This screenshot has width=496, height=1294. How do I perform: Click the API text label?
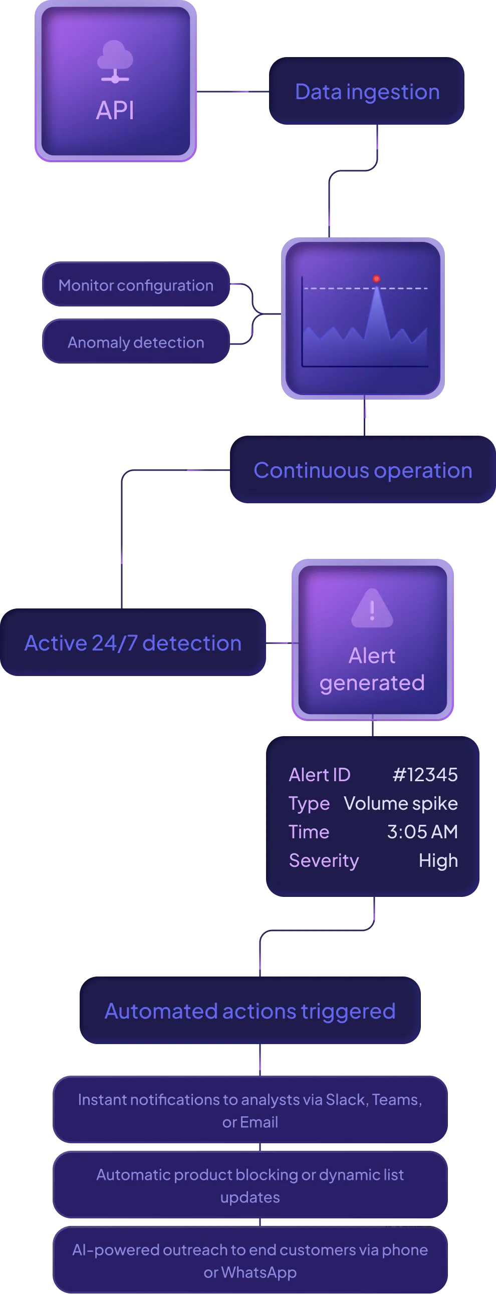(115, 111)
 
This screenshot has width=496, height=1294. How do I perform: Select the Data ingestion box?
(366, 92)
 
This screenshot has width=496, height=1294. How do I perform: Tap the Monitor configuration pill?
(136, 285)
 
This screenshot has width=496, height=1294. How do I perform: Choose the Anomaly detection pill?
(136, 343)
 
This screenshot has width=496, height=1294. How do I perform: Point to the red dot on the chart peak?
(376, 279)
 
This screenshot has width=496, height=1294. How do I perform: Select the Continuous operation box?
(362, 471)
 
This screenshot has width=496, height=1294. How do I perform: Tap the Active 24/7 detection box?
(133, 643)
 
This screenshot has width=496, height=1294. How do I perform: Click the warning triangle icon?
(372, 608)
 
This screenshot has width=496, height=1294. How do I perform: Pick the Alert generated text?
(372, 669)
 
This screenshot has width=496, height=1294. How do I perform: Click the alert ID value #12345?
(425, 775)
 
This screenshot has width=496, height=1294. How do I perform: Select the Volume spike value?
(400, 803)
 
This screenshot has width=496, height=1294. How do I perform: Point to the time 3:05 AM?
(422, 832)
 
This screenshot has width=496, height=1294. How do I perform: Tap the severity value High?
(438, 860)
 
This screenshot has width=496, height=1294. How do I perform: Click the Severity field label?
(324, 860)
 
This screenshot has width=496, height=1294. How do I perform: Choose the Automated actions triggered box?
(250, 1011)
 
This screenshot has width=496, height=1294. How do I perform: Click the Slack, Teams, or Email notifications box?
(250, 1111)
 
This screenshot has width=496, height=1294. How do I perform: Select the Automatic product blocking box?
(250, 1185)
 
